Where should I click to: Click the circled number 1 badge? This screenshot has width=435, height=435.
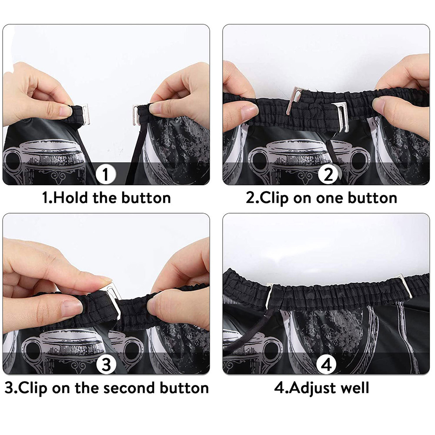coord(105,175)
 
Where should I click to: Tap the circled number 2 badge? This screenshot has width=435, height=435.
coord(328,175)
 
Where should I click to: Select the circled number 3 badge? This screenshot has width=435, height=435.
coord(105,365)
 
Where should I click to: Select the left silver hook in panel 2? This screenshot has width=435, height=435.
coord(294,101)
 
